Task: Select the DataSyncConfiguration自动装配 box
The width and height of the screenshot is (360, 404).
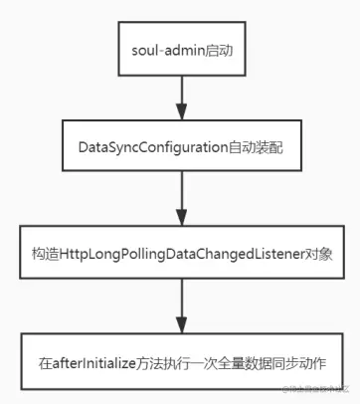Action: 180,147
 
